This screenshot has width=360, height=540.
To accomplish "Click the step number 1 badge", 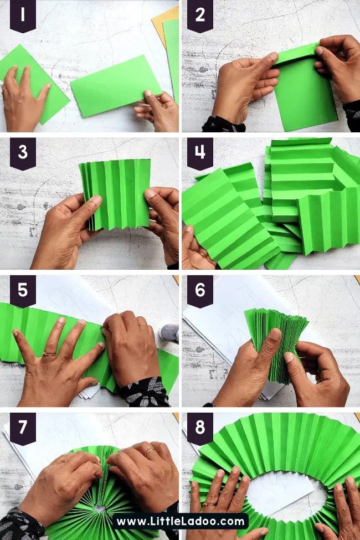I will (x=23, y=16).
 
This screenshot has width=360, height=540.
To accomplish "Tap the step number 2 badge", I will (x=200, y=16).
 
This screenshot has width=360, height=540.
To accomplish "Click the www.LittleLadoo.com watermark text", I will (x=180, y=521).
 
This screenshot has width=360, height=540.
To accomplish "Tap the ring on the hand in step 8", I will (x=209, y=504).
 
